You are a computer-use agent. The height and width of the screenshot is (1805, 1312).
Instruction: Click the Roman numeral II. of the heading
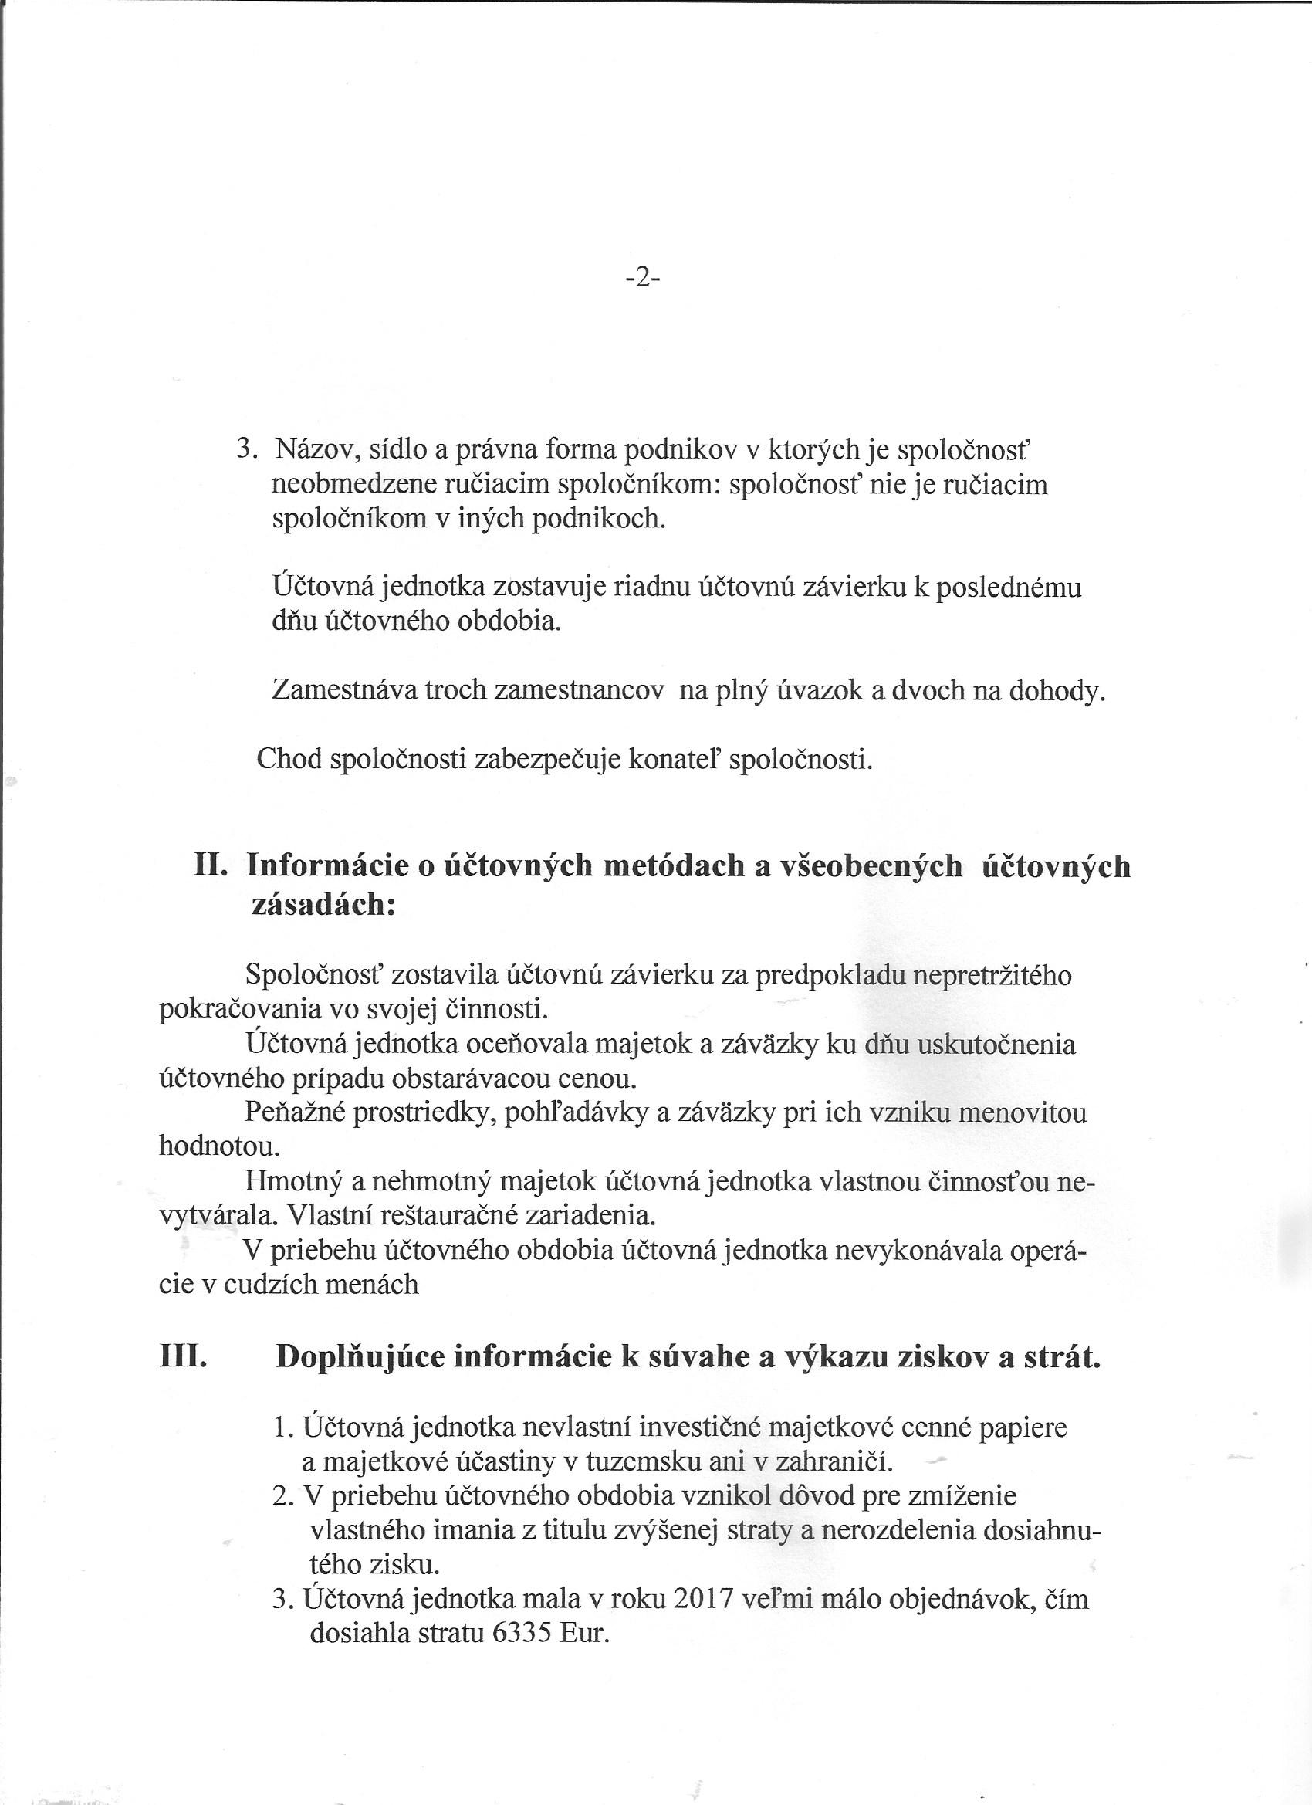point(211,866)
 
